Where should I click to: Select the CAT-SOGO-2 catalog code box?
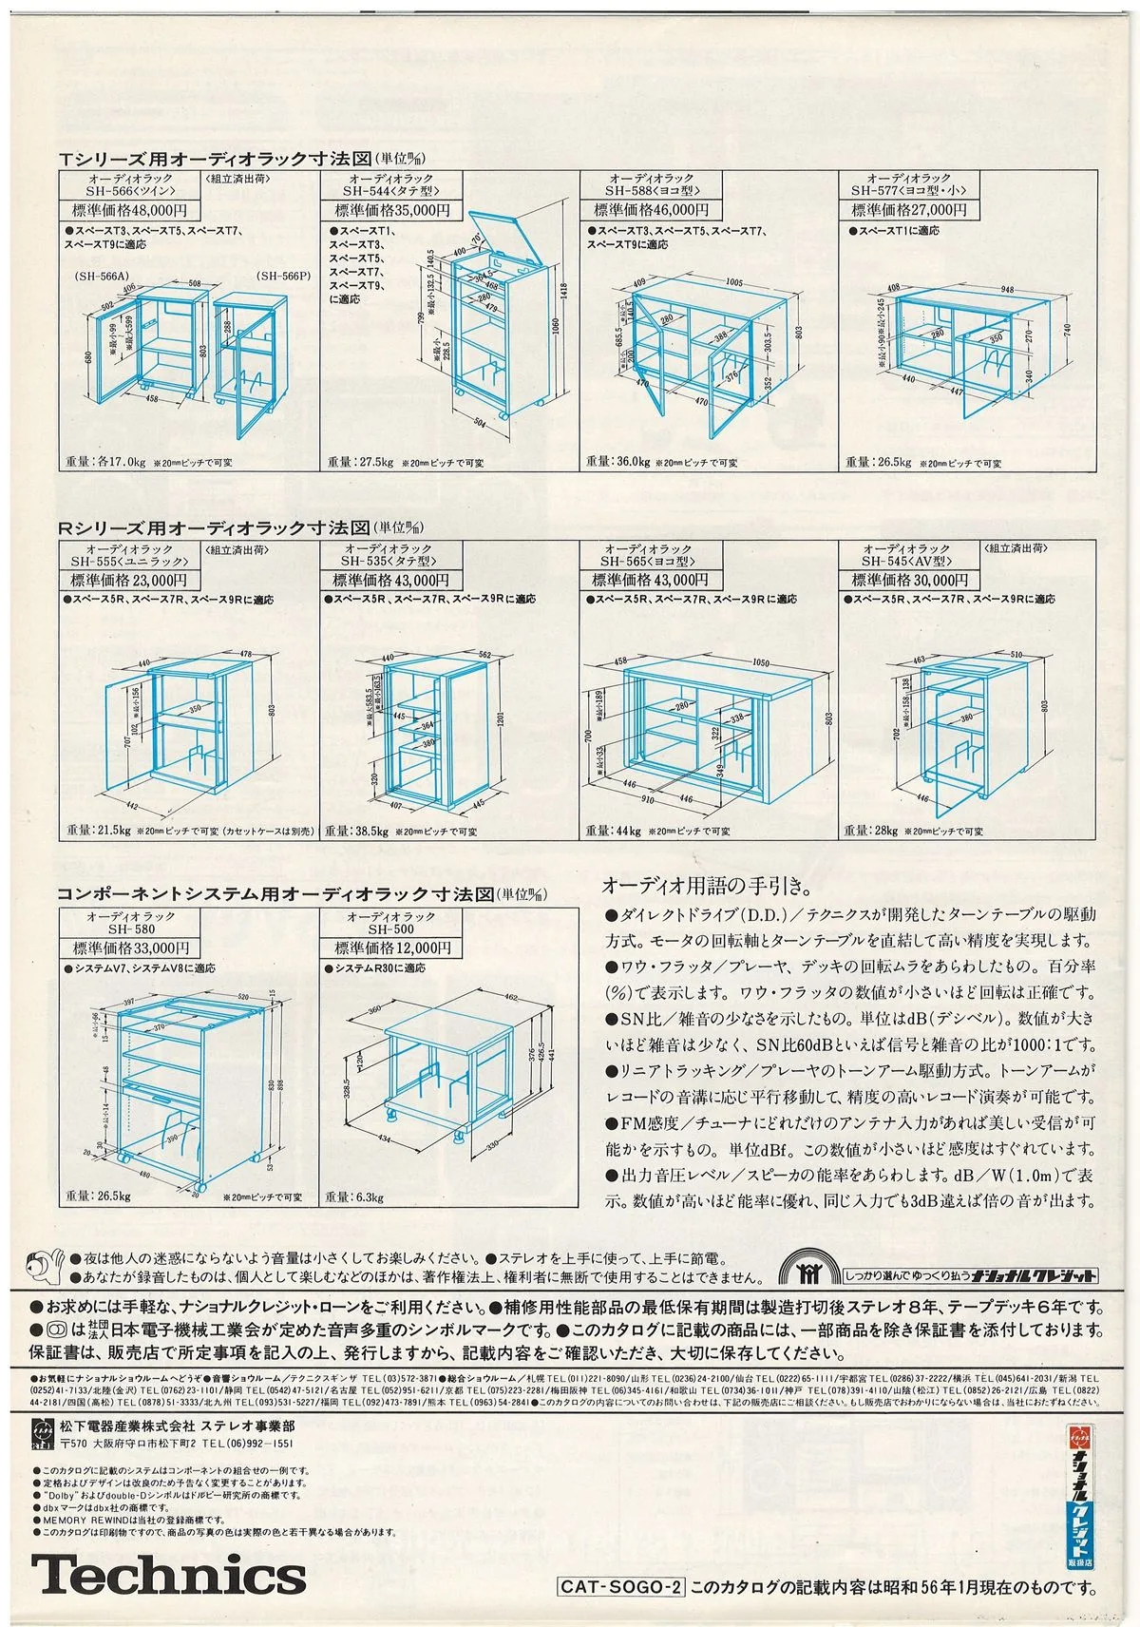point(620,1586)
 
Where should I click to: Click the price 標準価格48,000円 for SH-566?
point(130,210)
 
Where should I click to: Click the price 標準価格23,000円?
point(130,580)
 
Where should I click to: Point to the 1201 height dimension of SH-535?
point(499,718)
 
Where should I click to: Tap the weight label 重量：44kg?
point(614,831)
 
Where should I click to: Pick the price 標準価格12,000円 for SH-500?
point(390,947)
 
